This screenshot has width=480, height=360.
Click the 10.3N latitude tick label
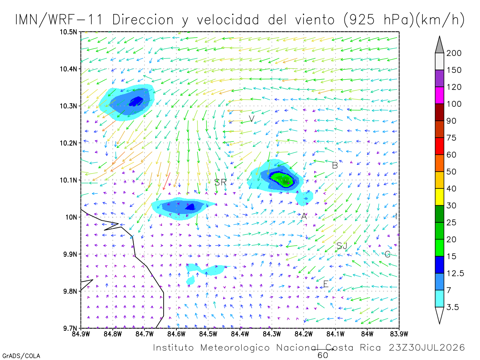pyautogui.click(x=68, y=106)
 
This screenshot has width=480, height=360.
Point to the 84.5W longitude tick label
pyautogui.click(x=208, y=334)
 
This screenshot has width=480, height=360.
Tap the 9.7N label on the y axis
pyautogui.click(x=70, y=328)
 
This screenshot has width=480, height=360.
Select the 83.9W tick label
pyautogui.click(x=399, y=334)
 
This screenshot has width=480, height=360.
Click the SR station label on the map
pyautogui.click(x=220, y=182)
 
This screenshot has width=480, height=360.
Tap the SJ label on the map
pyautogui.click(x=342, y=246)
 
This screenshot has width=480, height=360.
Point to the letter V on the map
pyautogui.click(x=252, y=119)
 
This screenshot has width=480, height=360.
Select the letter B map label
pyautogui.click(x=335, y=166)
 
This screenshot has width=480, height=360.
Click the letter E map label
pyautogui.click(x=326, y=284)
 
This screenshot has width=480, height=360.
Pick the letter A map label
pyautogui.click(x=304, y=216)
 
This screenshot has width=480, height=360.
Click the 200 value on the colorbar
pyautogui.click(x=454, y=53)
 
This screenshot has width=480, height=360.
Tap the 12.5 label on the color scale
pyautogui.click(x=455, y=273)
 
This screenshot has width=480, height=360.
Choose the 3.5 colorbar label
pyautogui.click(x=452, y=307)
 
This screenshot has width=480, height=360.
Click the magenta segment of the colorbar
pyautogui.click(x=439, y=95)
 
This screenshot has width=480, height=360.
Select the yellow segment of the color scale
pyautogui.click(x=439, y=197)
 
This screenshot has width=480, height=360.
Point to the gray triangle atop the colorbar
pyautogui.click(x=439, y=44)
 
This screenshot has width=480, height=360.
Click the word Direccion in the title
pyautogui.click(x=143, y=20)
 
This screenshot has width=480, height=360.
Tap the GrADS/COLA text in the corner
pyautogui.click(x=21, y=356)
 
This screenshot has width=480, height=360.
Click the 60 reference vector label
pyautogui.click(x=322, y=356)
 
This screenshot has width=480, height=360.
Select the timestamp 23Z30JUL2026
pyautogui.click(x=427, y=348)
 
